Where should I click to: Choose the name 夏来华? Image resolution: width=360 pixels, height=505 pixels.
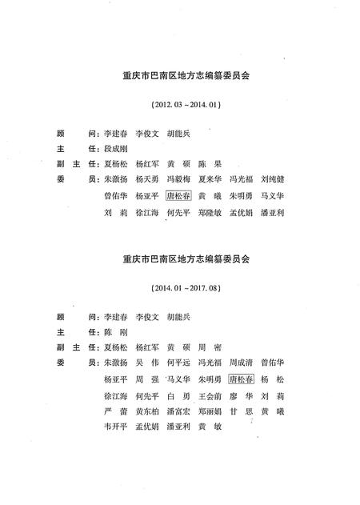click(x=211, y=179)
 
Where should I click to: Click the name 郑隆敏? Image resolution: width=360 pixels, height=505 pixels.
click(x=211, y=213)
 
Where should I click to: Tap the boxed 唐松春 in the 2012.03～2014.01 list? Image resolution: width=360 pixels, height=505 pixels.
click(x=179, y=196)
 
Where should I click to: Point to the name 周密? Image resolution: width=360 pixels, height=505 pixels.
click(x=211, y=346)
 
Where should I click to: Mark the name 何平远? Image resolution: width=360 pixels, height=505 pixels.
click(x=180, y=362)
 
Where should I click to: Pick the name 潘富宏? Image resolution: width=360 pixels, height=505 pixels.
click(x=180, y=411)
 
